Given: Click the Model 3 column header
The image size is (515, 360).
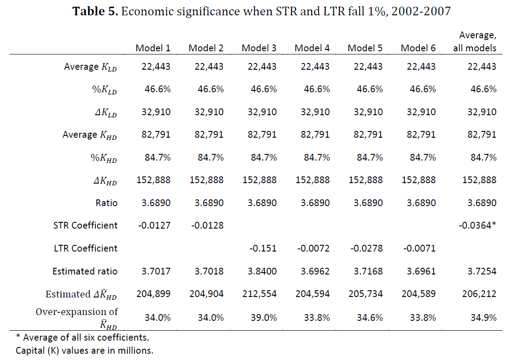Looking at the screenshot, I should coord(259,48).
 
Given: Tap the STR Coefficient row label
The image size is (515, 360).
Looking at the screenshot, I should coord(85,225).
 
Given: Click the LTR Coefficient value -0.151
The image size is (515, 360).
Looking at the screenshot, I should coord(262,248).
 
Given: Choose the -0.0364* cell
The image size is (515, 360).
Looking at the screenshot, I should coord(478,225).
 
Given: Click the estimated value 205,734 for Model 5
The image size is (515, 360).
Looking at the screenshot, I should coord(365,294).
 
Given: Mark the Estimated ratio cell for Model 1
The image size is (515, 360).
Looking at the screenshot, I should coord(153,271).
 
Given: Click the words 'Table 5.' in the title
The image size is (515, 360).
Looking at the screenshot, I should coord(95,11).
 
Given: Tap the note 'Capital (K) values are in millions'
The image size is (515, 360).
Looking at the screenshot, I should coord(85,350).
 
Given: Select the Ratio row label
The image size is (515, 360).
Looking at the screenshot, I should coord(107,203).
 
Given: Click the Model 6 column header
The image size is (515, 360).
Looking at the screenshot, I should coord(418,48).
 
